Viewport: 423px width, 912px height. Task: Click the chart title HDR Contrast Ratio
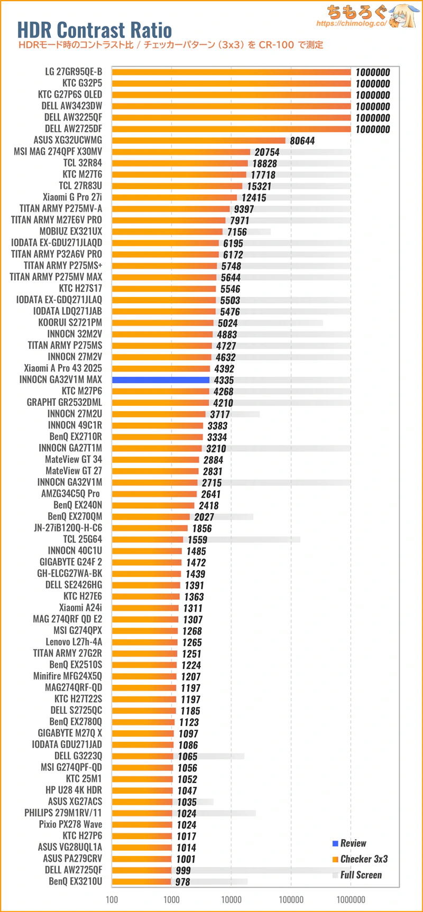click(95, 30)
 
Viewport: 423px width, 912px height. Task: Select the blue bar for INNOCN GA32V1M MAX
click(161, 380)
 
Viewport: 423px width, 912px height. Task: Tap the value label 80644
click(302, 141)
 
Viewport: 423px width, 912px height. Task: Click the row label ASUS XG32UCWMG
click(68, 140)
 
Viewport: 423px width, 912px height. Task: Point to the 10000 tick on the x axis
click(231, 899)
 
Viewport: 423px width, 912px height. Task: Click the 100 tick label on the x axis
click(112, 899)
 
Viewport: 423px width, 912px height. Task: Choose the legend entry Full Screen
click(357, 875)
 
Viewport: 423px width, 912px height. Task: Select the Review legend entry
click(350, 843)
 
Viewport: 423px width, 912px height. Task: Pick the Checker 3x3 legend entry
click(360, 859)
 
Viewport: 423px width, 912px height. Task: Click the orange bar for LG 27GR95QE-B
click(232, 72)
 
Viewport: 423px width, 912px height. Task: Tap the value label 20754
click(267, 152)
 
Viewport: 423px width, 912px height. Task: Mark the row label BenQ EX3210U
click(76, 881)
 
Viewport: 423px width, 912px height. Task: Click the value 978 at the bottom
click(182, 882)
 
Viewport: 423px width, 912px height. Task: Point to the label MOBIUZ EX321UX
click(71, 231)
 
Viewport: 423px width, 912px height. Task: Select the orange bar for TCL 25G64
click(148, 539)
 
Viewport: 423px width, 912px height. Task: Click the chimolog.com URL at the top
click(352, 24)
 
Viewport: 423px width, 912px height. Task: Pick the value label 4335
click(224, 380)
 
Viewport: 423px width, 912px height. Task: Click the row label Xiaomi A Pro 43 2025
click(63, 368)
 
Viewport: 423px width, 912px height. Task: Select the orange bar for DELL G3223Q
click(143, 756)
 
